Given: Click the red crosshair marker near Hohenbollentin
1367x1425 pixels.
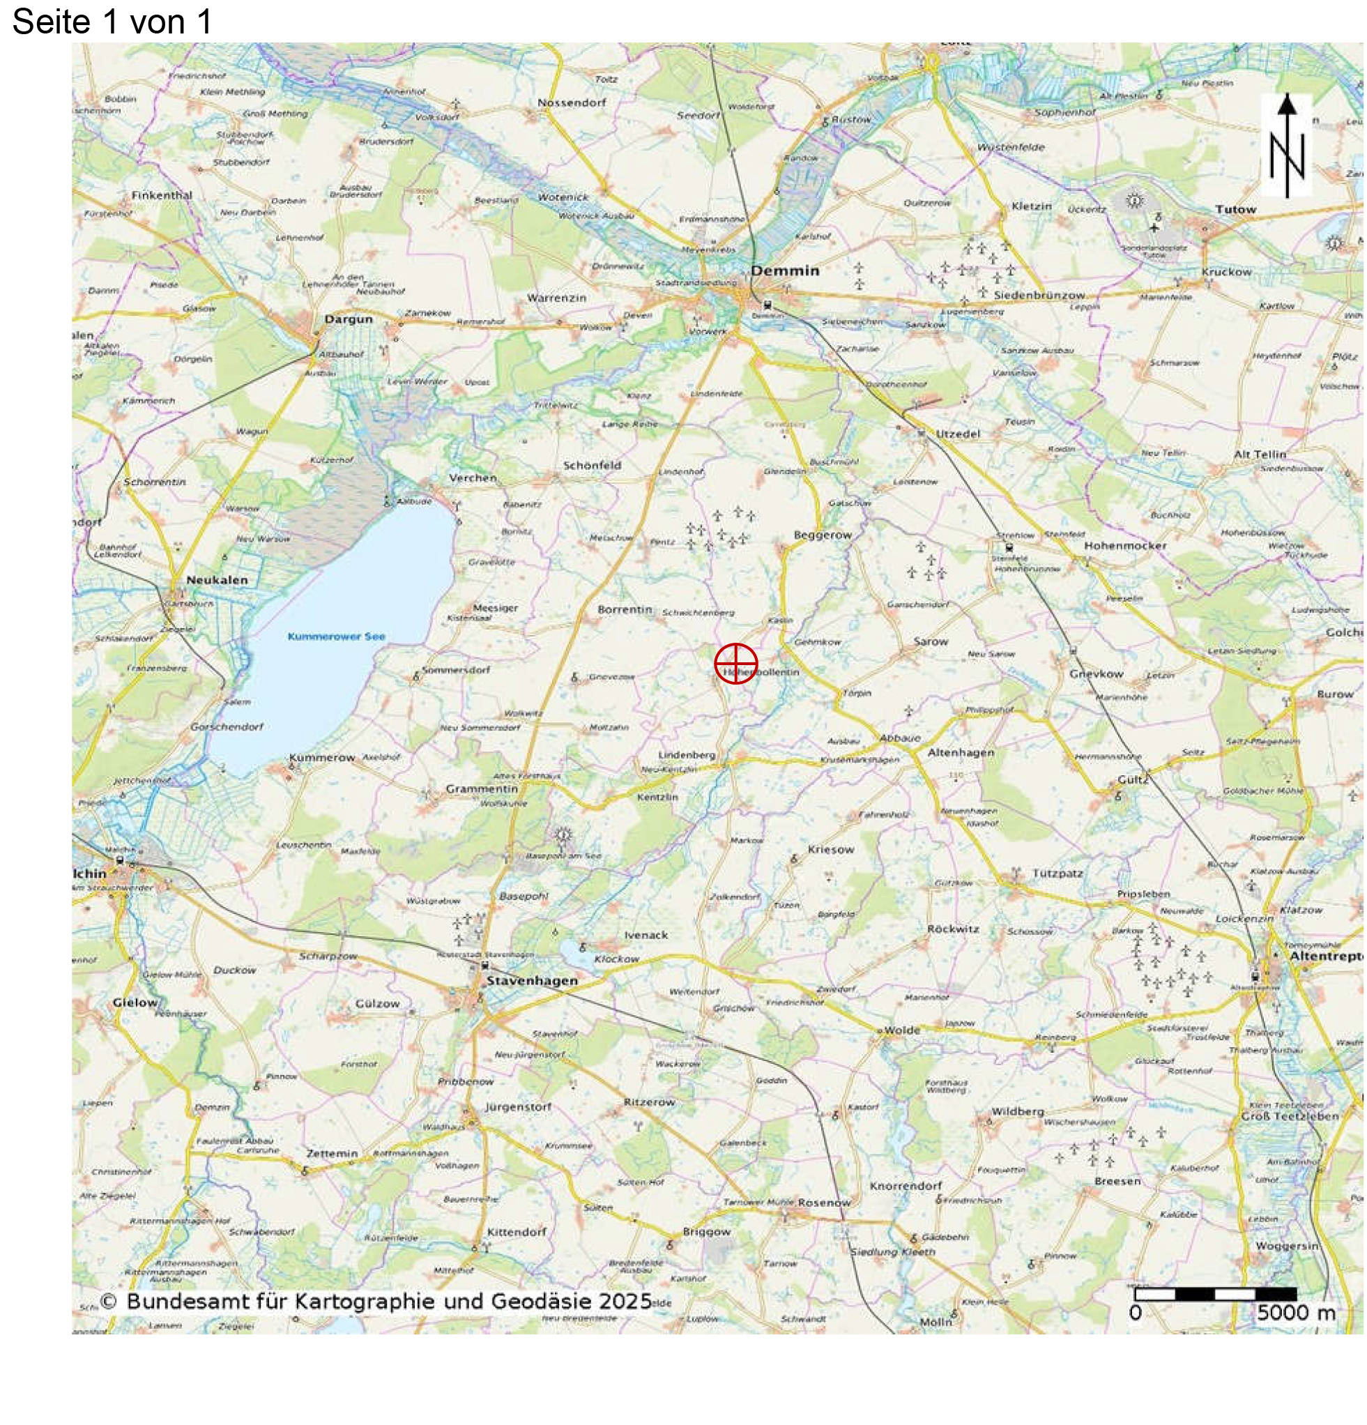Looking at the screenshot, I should coord(735,663).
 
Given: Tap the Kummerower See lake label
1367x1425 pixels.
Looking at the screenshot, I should coord(336,636).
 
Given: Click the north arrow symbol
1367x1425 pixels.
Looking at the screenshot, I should coord(1286,146).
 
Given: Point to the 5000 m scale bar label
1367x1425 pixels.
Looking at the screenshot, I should coord(1296,1312).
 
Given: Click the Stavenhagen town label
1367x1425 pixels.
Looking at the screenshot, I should coord(533,980).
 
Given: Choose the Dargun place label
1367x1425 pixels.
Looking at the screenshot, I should coord(349,319).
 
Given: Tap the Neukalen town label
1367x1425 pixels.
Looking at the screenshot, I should coord(217,579).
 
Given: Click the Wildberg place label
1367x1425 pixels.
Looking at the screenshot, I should coord(1017,1111).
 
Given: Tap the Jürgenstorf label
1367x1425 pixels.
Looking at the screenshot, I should coord(519,1106).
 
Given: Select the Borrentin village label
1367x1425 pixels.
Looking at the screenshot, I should coord(625,609).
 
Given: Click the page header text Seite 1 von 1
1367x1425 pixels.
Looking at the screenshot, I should coord(112,22).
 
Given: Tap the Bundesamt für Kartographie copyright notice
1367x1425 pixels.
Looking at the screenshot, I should coord(375,1301).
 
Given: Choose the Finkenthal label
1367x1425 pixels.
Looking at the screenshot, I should coord(162,195).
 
